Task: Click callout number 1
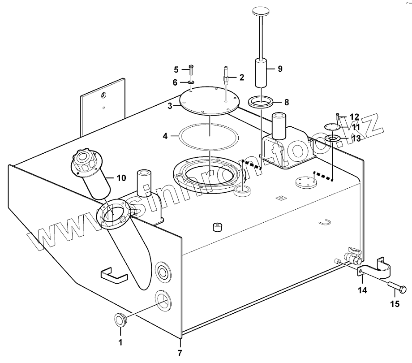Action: pos(120,343)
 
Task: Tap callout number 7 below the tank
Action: pos(180,353)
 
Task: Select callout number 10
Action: pos(121,178)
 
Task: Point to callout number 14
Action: pos(362,290)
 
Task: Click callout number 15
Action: pos(394,304)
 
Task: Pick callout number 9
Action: pos(280,69)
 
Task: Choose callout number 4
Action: pos(165,135)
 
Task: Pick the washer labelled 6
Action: pos(191,83)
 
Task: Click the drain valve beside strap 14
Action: pos(352,257)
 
